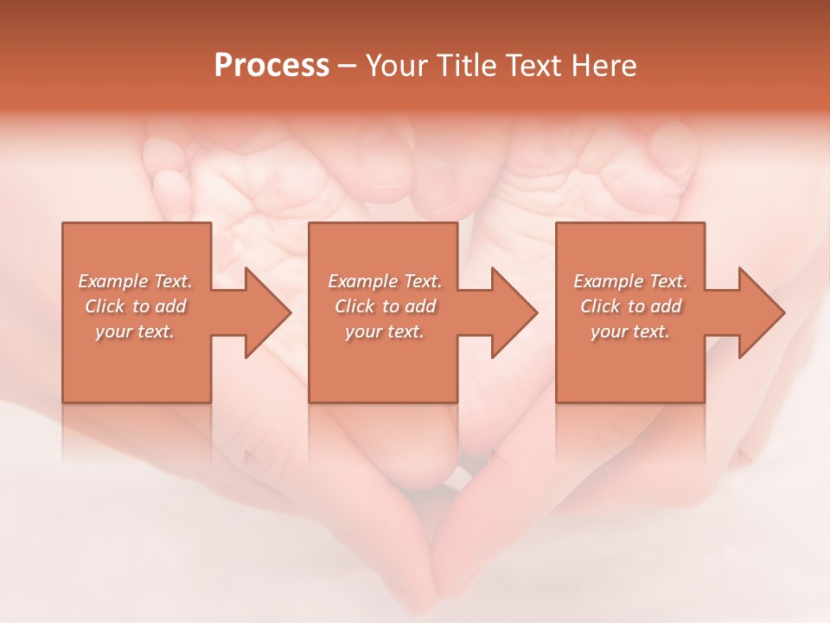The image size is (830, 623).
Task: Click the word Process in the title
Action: tap(271, 66)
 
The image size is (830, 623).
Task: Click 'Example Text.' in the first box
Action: tap(136, 281)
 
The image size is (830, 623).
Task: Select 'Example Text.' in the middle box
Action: tap(385, 281)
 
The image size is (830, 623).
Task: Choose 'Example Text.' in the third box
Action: tap(630, 281)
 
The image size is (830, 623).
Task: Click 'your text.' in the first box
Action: tap(136, 331)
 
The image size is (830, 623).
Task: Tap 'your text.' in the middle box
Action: tap(385, 331)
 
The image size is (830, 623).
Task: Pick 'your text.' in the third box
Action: tap(630, 331)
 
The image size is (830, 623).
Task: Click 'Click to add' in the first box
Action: tap(136, 306)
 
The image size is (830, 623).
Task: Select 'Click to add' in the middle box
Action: tap(385, 306)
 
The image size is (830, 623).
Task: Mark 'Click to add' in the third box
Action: tap(630, 306)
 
